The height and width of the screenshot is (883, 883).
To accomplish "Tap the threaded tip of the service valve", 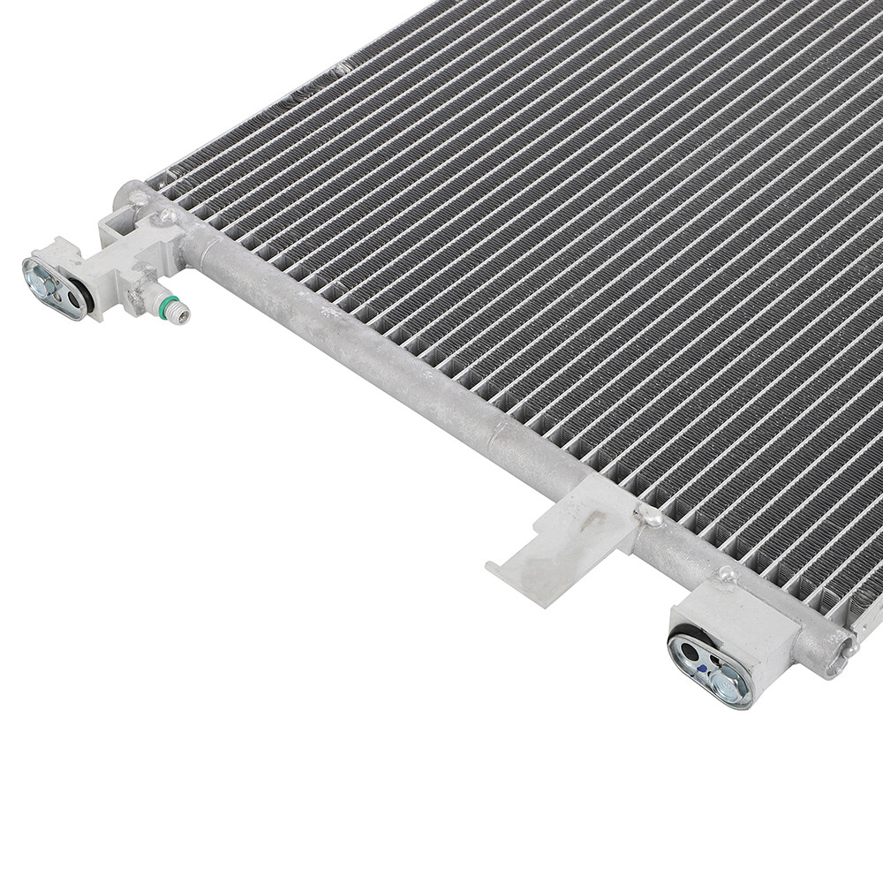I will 179,312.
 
